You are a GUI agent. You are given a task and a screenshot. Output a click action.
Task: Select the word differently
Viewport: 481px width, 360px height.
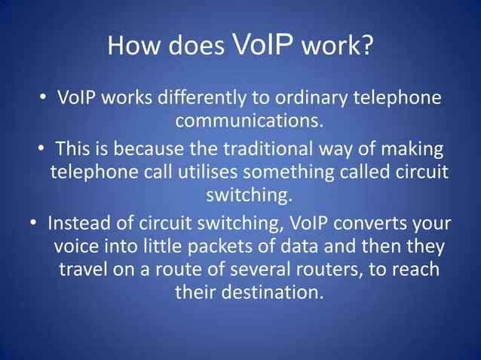click(x=189, y=99)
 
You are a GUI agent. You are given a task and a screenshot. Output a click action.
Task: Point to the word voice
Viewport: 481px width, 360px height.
click(x=77, y=247)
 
